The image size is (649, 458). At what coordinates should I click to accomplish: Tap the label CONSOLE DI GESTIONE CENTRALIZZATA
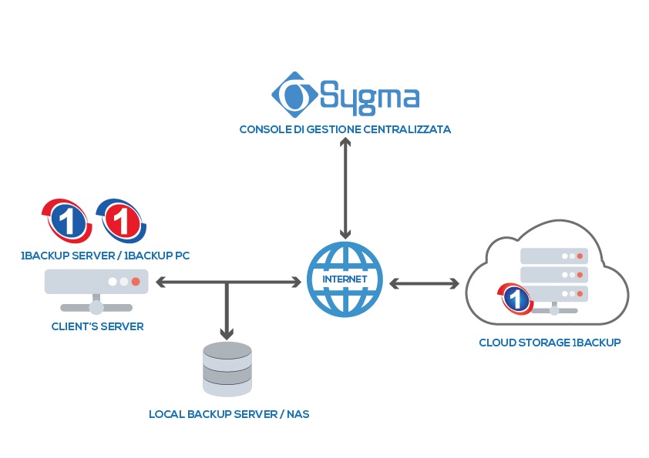point(345,130)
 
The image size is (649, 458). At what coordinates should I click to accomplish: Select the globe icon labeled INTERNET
point(345,279)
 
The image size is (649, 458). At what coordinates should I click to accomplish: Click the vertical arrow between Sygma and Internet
point(345,189)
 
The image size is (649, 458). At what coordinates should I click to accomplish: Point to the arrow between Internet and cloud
point(423,283)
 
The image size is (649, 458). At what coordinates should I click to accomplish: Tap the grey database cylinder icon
point(227,369)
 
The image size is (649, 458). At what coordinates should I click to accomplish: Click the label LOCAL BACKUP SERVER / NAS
point(229,414)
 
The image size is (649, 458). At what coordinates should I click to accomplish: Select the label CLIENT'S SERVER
point(97,326)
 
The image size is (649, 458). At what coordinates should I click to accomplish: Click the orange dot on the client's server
point(136,282)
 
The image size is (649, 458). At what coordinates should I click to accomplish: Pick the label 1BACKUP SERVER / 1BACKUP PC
point(105,254)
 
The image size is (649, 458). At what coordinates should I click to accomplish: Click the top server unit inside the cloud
point(554,256)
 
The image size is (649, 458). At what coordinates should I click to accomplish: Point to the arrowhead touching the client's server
point(163,282)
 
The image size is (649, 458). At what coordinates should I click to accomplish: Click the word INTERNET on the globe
point(345,278)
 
